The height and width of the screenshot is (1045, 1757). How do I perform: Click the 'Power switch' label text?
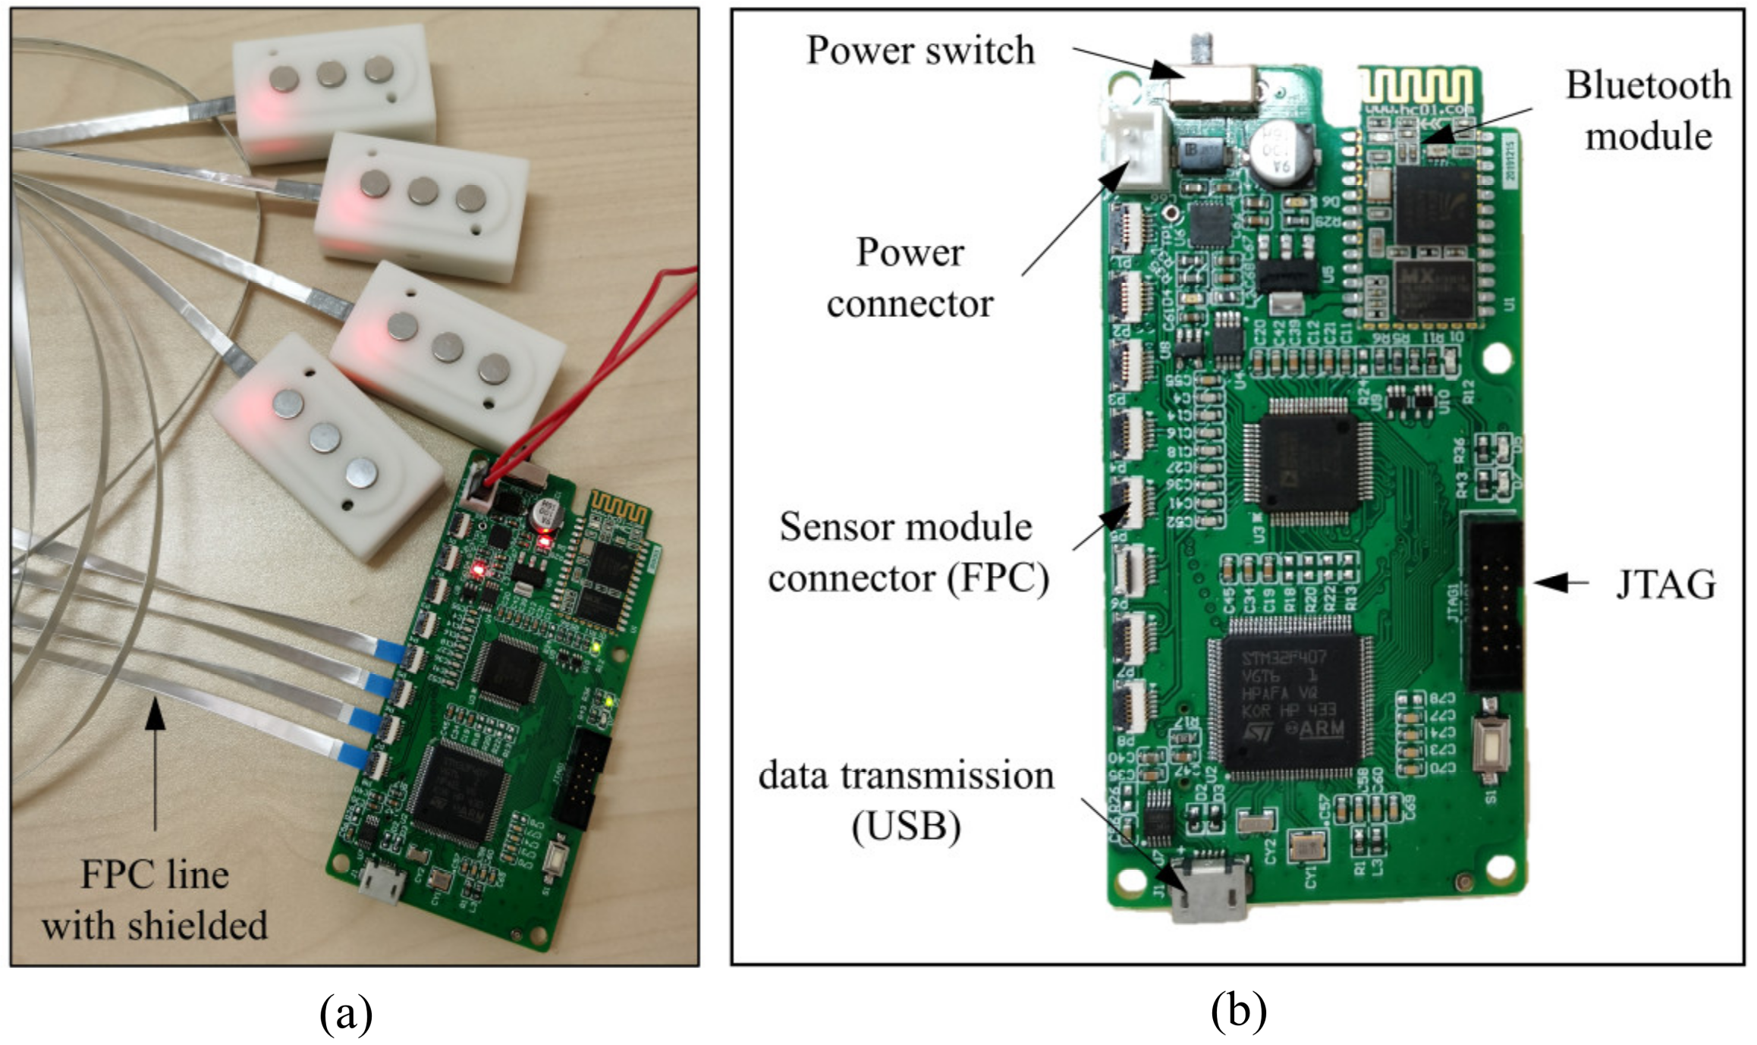tap(919, 51)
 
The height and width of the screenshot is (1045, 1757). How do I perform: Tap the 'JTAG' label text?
tap(1665, 585)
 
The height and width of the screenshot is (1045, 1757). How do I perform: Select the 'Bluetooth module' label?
tap(1649, 111)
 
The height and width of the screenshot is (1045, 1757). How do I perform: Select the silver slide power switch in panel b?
tap(1212, 84)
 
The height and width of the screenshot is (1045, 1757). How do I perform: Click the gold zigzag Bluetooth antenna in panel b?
tap(1416, 85)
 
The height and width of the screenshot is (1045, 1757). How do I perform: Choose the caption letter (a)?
tap(346, 1012)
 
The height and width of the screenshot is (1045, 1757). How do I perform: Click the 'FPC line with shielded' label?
tap(155, 900)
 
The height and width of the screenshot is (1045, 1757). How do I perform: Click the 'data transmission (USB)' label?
tap(906, 801)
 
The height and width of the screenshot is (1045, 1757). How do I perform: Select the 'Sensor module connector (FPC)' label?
tap(907, 553)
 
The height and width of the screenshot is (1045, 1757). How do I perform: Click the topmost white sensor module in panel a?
tap(333, 91)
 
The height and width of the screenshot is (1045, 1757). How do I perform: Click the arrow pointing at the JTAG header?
tap(1561, 582)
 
